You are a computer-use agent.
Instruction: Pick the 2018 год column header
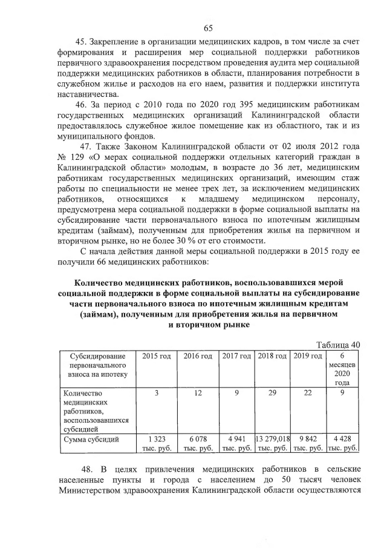(273, 355)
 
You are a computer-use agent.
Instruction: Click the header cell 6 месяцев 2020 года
(343, 369)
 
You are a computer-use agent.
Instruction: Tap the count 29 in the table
(273, 394)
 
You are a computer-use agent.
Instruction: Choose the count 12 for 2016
(199, 394)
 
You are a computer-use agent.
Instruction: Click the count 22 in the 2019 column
(308, 394)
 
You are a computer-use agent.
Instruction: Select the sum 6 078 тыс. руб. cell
(199, 443)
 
